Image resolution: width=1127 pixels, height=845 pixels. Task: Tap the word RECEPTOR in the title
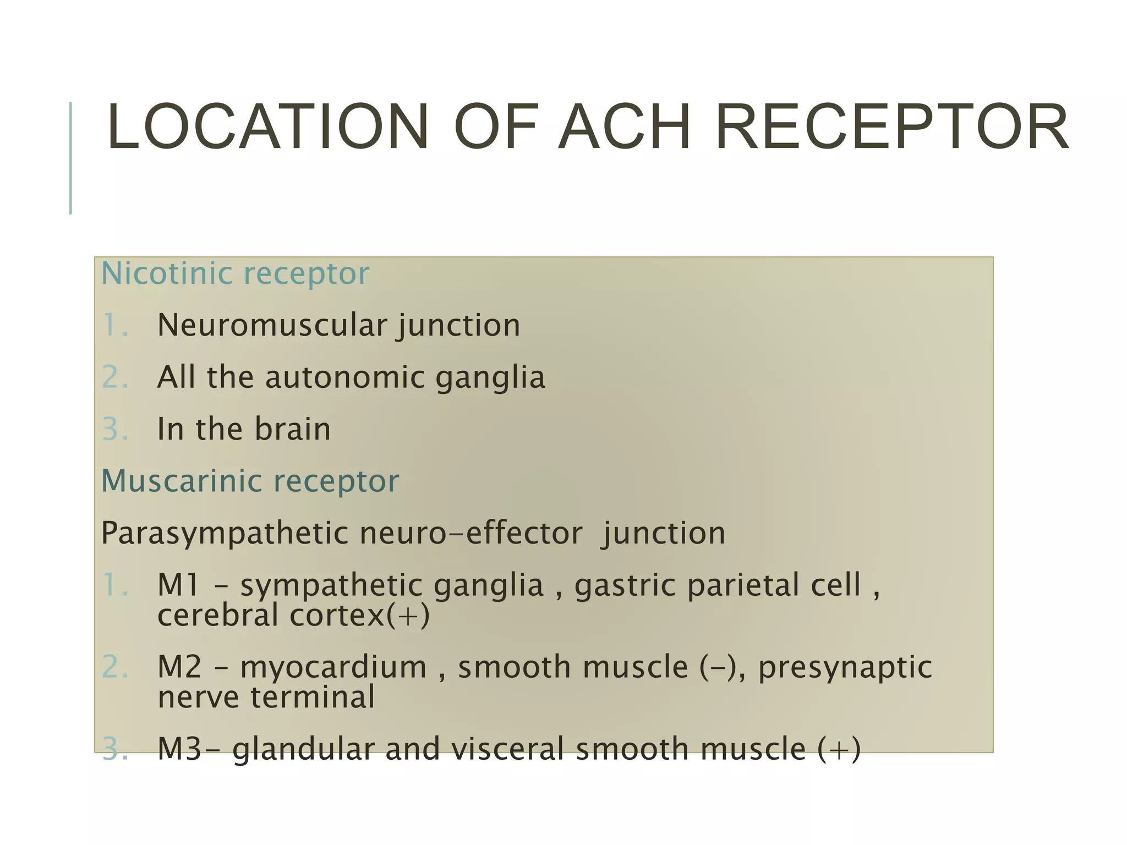[x=891, y=127]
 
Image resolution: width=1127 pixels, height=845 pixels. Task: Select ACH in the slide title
[x=624, y=127]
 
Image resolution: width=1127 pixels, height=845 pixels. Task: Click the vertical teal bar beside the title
[x=70, y=158]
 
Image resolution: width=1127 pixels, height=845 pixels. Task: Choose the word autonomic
[x=345, y=377]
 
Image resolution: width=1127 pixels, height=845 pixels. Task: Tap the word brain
[x=292, y=429]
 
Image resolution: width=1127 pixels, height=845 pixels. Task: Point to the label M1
[x=178, y=585]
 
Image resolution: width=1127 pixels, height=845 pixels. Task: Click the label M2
[x=179, y=667]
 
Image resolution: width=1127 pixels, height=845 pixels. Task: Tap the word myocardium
[x=333, y=668]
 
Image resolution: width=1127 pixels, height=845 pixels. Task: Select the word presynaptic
[x=845, y=668]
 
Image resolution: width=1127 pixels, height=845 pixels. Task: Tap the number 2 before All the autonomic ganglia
[x=114, y=377]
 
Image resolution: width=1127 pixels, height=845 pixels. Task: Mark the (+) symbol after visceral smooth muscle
[x=839, y=750]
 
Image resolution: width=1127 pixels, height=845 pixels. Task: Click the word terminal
[x=313, y=697]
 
